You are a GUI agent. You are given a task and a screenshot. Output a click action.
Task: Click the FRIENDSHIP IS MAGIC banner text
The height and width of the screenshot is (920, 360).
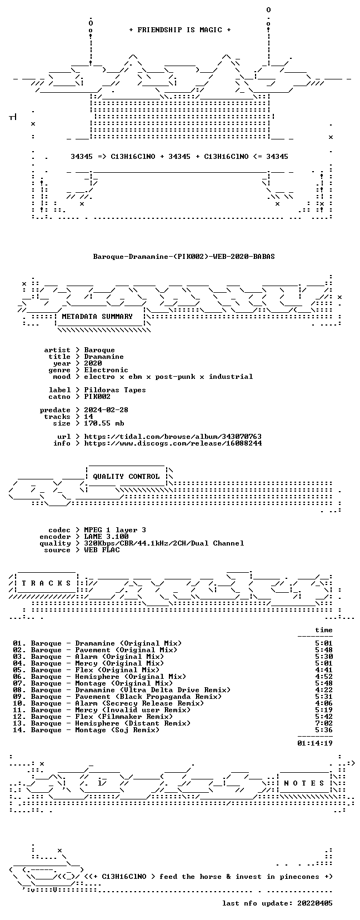180,30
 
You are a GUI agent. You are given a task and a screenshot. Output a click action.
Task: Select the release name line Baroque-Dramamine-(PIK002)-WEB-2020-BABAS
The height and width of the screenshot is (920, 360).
184,257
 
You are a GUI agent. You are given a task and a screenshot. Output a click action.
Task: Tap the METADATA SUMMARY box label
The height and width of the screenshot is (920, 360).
97,317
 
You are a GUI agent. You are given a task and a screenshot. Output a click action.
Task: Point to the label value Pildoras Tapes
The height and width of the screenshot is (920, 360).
115,390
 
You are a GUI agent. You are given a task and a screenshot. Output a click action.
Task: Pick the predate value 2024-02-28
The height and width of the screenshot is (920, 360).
106,410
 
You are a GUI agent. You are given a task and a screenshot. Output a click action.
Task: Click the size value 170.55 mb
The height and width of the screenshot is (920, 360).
104,423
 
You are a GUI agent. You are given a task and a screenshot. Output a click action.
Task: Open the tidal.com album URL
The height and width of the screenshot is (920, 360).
173,437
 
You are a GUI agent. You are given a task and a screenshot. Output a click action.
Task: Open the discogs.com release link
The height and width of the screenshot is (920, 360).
173,443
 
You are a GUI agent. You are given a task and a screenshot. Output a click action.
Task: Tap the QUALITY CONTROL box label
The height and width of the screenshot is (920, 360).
126,477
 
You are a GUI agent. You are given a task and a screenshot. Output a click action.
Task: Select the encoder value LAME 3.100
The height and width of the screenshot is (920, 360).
106,537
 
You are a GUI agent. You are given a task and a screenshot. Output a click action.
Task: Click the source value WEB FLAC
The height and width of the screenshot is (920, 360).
102,550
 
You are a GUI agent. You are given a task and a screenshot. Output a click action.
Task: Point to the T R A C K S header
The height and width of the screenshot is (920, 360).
46,583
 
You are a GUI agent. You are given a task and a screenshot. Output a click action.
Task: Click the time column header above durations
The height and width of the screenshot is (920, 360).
324,630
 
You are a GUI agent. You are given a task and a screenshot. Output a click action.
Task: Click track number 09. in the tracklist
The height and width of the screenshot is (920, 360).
19,697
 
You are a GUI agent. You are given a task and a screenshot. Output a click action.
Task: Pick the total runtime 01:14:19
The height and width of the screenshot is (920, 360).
315,743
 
